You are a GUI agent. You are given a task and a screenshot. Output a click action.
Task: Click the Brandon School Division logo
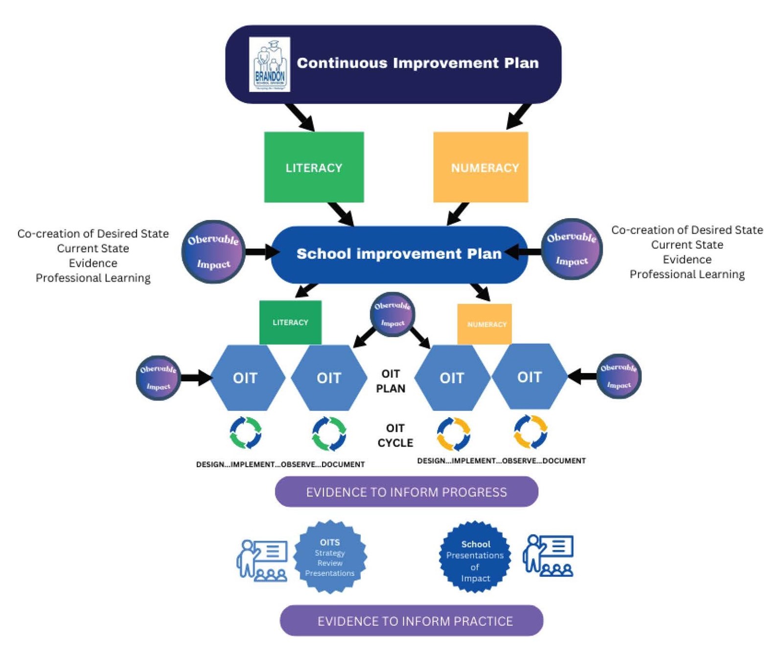click(x=269, y=64)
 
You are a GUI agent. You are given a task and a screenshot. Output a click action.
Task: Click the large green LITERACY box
click(x=314, y=167)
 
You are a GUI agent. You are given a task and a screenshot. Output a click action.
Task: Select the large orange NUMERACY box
click(x=481, y=167)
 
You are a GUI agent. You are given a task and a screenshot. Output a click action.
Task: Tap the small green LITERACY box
click(x=290, y=322)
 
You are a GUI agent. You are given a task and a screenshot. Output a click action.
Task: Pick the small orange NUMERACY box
click(x=484, y=324)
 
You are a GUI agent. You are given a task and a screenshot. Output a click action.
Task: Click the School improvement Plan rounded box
click(x=399, y=254)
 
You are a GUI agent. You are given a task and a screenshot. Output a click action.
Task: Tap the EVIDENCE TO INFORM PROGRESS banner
click(x=406, y=492)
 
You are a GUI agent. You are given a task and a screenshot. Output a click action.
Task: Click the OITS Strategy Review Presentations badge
click(x=330, y=557)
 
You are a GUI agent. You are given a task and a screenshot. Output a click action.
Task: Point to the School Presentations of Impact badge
click(x=475, y=557)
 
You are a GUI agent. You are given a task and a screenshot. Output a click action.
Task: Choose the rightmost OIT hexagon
click(x=529, y=376)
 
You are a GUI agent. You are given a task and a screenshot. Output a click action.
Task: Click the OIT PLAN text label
click(x=391, y=381)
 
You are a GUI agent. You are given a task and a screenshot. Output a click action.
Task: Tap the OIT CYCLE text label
click(x=395, y=435)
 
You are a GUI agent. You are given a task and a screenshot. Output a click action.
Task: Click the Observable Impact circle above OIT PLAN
click(x=392, y=314)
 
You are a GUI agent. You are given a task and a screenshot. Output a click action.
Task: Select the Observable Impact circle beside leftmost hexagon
click(x=158, y=377)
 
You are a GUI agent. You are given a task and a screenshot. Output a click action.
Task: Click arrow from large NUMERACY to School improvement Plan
click(x=458, y=214)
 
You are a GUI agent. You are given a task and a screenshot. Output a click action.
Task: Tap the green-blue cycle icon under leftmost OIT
click(x=246, y=433)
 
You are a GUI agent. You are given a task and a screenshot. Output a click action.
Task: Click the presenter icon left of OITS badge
click(x=262, y=560)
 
